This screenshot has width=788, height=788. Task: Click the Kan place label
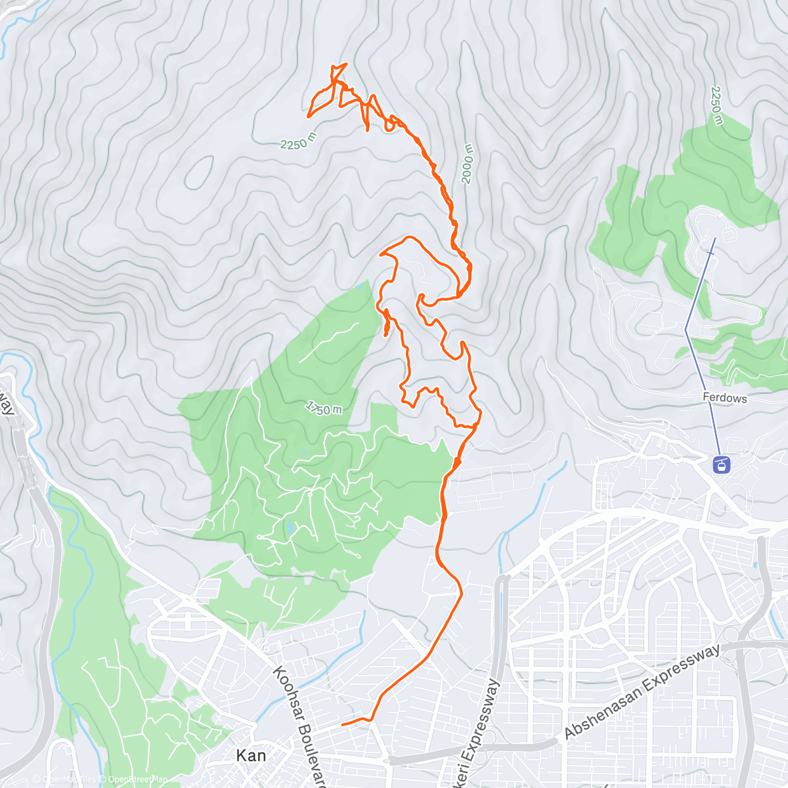tap(251, 756)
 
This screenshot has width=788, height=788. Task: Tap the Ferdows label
tap(725, 398)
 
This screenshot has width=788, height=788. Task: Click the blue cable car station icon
tap(721, 465)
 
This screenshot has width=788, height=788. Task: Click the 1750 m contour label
tap(324, 408)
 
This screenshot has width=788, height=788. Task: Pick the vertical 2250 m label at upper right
tap(716, 105)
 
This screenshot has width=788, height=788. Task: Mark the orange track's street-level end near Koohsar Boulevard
tap(342, 725)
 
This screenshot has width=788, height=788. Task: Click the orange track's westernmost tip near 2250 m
tap(308, 116)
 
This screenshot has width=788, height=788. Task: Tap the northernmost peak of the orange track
tap(345, 64)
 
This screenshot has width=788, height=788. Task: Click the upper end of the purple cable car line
tap(714, 238)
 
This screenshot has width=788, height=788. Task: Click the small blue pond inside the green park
tap(290, 527)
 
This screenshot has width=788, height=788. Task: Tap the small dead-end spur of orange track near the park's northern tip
tap(385, 335)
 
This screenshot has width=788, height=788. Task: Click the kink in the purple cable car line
tap(685, 329)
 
